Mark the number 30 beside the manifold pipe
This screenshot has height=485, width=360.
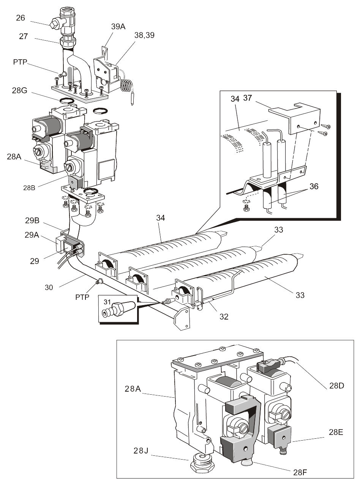click(x=49, y=288)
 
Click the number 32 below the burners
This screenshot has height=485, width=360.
click(x=224, y=317)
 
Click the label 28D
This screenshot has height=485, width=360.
click(x=337, y=386)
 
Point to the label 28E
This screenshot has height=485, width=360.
click(x=335, y=432)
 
